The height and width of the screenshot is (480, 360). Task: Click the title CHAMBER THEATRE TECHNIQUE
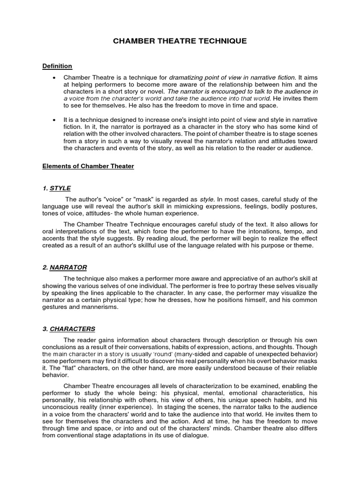(180, 41)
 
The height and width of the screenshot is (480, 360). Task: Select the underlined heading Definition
(57, 66)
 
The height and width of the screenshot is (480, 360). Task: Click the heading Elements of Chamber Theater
(88, 166)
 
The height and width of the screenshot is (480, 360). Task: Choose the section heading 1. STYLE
(57, 188)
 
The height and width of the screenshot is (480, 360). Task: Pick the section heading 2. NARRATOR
(65, 267)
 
